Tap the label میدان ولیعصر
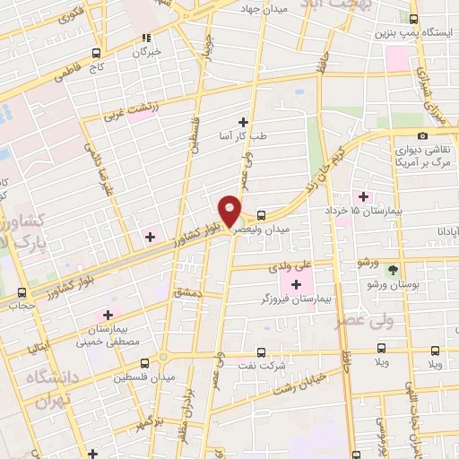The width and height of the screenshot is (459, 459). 261,230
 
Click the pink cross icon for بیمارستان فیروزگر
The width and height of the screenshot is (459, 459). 296,284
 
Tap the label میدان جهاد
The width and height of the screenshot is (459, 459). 261,8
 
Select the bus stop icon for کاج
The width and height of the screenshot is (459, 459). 95,53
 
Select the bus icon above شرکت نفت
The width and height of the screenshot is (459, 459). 261,351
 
